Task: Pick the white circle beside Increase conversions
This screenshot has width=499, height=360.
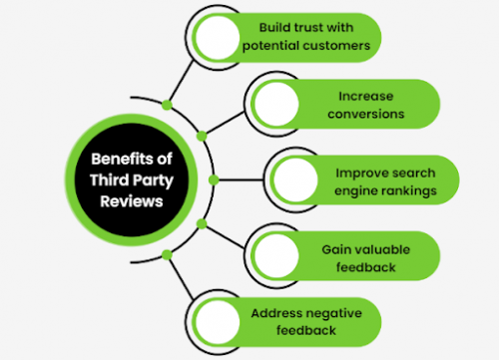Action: pos(276,104)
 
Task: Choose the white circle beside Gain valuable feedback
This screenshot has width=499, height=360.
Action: pos(276,254)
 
